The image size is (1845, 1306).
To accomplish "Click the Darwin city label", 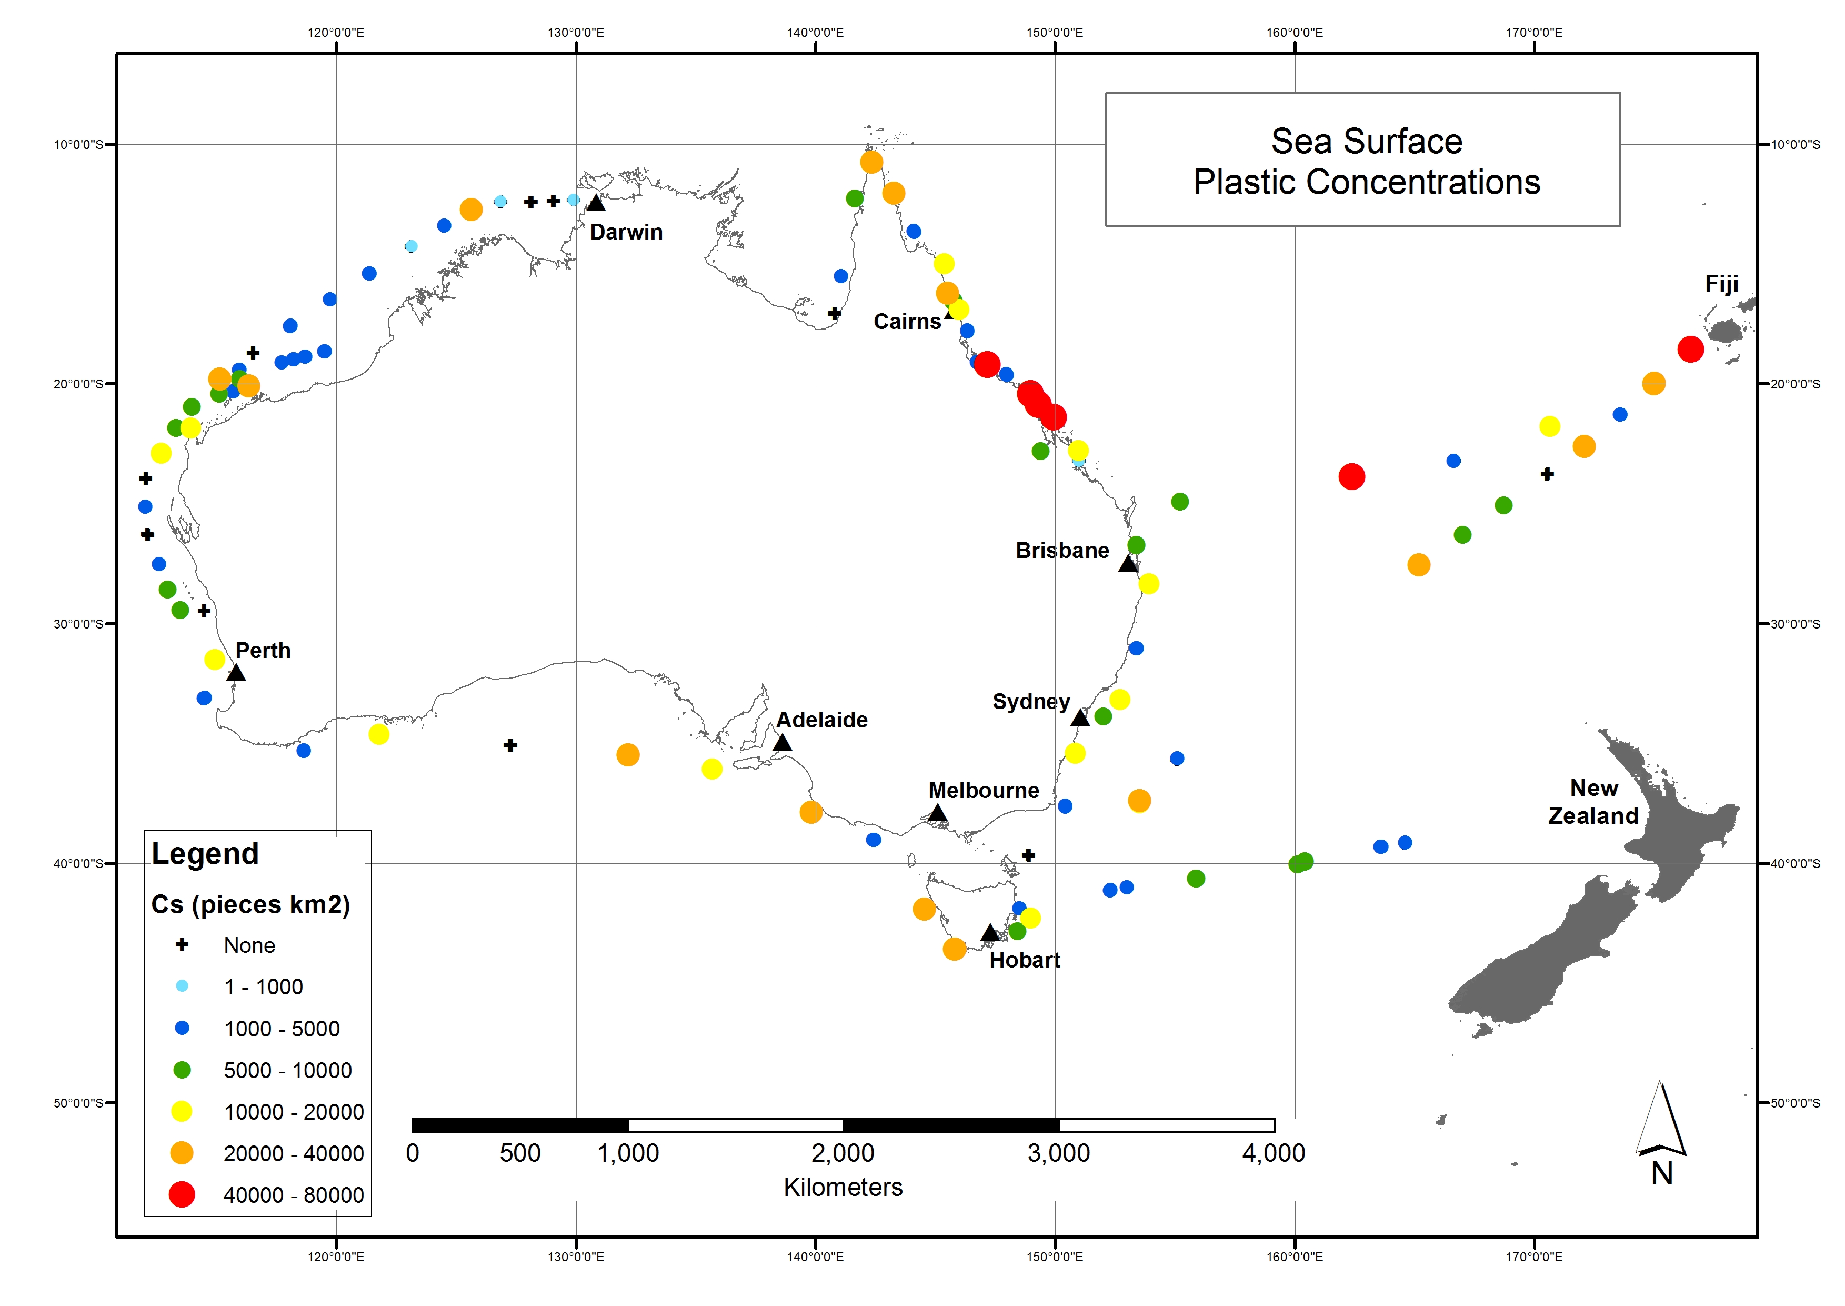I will (x=626, y=233).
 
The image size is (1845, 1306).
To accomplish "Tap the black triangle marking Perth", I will (x=236, y=672).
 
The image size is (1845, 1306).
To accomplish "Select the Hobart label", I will (x=1024, y=960).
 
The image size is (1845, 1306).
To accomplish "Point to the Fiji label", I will (x=1721, y=284).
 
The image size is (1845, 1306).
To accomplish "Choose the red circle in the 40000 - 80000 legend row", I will (x=182, y=1194).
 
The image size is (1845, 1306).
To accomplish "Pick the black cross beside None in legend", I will (x=182, y=944).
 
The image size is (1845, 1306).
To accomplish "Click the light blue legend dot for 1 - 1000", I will (x=182, y=986).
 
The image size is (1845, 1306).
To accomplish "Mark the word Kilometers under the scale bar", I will (x=843, y=1187).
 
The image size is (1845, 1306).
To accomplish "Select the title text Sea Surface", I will (x=1366, y=142).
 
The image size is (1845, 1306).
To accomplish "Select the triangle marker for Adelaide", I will (x=781, y=742).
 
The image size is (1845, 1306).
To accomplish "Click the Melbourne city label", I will (x=982, y=791).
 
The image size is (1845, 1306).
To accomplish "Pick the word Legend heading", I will (x=205, y=853).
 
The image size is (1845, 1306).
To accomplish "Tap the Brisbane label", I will (x=1061, y=551).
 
